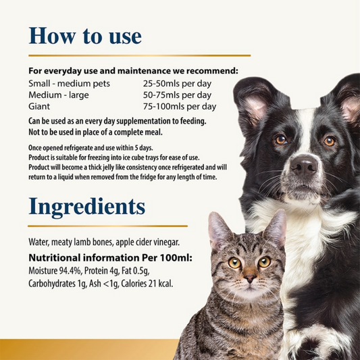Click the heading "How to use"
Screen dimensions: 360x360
[85, 36]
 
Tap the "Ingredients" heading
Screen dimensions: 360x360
[86, 207]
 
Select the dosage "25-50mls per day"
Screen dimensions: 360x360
[177, 84]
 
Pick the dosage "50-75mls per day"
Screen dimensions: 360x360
[177, 95]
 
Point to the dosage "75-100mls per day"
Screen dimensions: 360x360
[180, 107]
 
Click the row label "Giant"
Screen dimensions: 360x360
[39, 107]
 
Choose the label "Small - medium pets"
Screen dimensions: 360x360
[69, 84]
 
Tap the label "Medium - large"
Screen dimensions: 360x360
[59, 95]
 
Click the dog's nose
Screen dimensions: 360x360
[303, 164]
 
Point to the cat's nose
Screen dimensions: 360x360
[250, 278]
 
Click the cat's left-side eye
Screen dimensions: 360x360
[234, 263]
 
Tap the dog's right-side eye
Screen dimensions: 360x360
[329, 141]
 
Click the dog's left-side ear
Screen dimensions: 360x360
[257, 103]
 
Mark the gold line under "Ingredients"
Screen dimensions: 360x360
[107, 226]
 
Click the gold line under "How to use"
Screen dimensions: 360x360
[139, 55]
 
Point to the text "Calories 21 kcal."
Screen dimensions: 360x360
[147, 284]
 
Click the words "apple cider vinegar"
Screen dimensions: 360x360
[147, 242]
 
